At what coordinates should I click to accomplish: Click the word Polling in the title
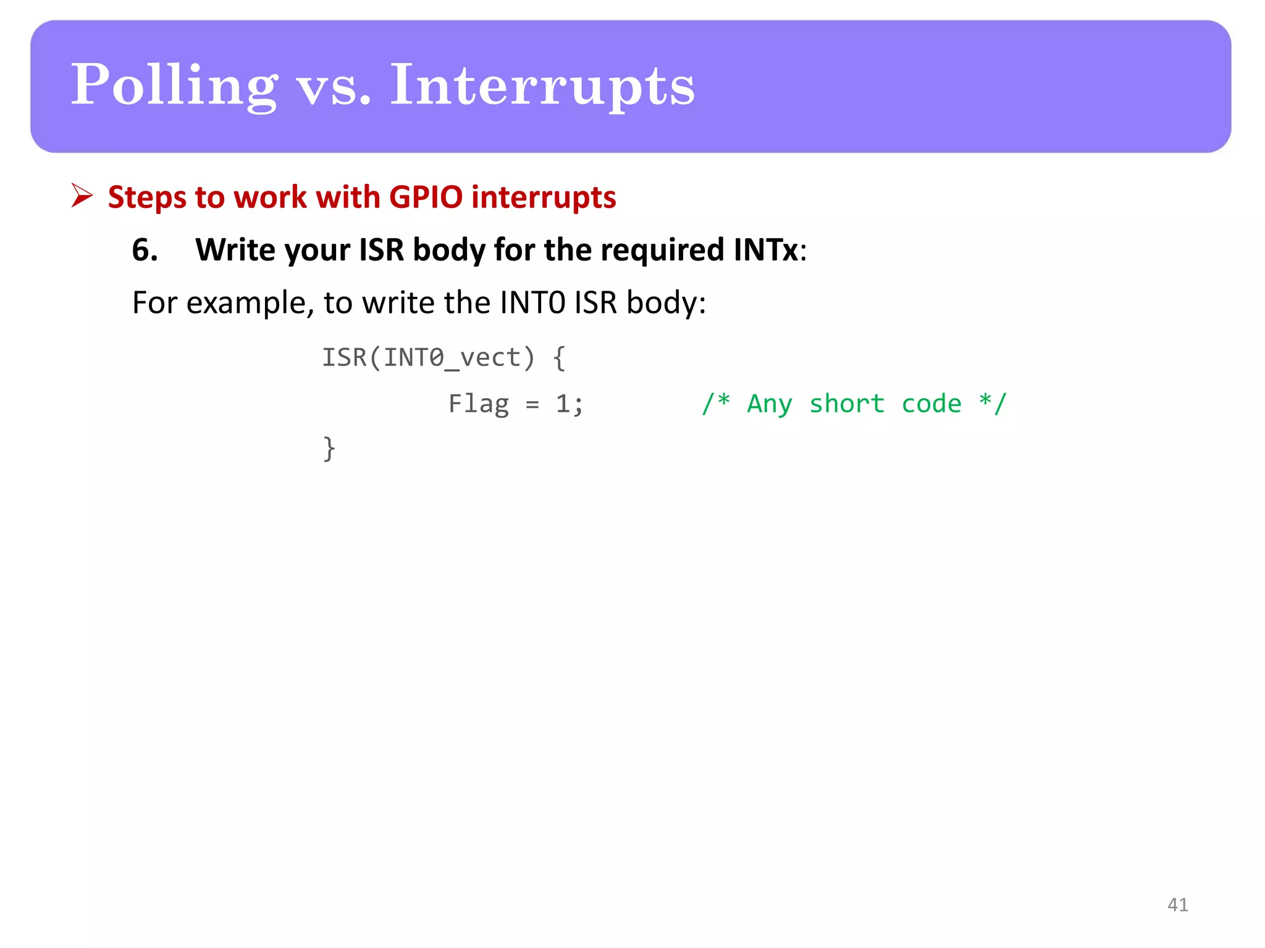(174, 86)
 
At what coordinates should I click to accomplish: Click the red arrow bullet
(82, 196)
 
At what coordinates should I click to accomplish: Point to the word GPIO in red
(426, 197)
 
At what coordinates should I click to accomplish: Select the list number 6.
(145, 250)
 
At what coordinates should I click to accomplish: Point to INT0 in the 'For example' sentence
(532, 303)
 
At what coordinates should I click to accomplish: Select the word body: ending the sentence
(666, 303)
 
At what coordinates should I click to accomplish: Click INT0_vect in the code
(452, 357)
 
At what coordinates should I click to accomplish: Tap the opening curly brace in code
(559, 357)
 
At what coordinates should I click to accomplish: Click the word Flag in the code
(479, 404)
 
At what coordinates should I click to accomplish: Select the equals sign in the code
(532, 405)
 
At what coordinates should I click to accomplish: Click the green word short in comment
(847, 404)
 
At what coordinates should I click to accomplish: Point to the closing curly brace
(329, 448)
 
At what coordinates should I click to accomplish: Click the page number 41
(1177, 904)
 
